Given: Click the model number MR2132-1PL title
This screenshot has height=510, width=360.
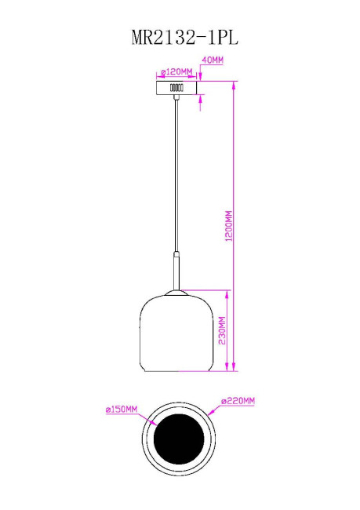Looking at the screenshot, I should tap(180, 37).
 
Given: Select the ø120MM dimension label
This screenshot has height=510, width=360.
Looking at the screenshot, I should tap(176, 72).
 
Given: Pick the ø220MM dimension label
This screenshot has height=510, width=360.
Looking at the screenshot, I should tap(237, 401).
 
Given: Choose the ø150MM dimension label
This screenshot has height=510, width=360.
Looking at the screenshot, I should tap(121, 410).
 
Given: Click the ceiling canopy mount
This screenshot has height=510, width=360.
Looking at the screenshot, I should tap(177, 87).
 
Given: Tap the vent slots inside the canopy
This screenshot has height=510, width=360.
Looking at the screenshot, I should tap(176, 88).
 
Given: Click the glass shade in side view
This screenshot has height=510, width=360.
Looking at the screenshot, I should tap(177, 333).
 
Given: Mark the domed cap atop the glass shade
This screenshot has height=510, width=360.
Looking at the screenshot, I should tap(177, 293).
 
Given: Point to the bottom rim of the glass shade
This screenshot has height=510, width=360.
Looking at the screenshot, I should tap(177, 371).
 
